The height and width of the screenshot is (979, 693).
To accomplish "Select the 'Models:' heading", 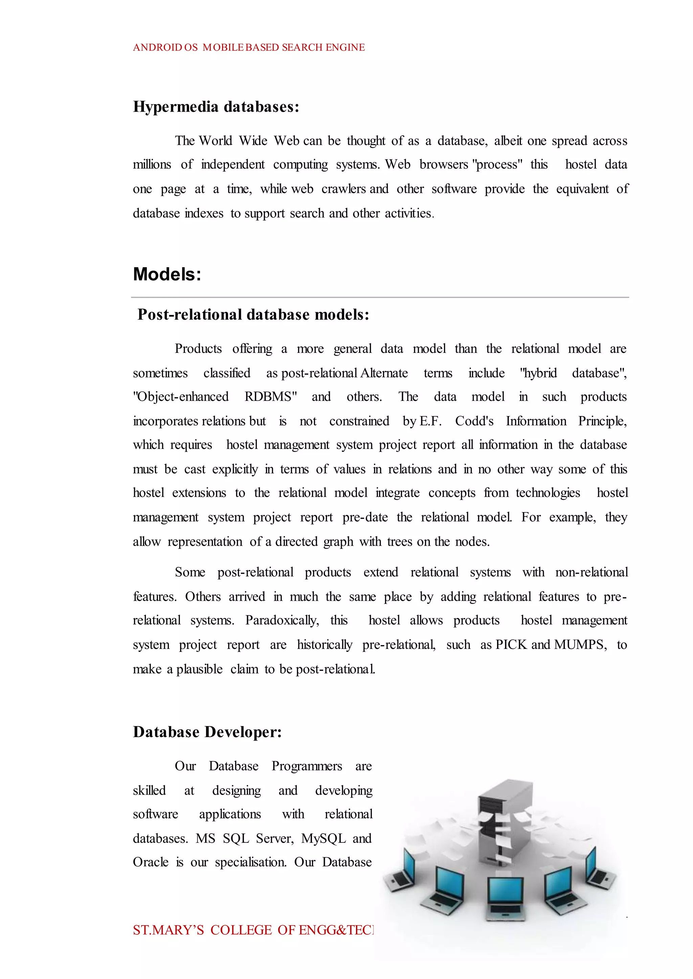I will pyautogui.click(x=167, y=274).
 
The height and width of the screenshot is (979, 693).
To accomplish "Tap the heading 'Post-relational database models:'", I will pyautogui.click(x=253, y=315).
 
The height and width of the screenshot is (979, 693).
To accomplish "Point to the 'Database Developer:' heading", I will pyautogui.click(x=207, y=732).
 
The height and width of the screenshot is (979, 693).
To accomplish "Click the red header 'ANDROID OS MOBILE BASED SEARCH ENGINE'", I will pyautogui.click(x=249, y=47).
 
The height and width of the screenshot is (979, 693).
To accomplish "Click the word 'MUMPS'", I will pyautogui.click(x=580, y=644).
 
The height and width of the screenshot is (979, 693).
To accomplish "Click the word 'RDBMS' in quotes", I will pyautogui.click(x=268, y=397).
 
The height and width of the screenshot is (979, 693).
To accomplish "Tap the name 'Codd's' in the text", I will pyautogui.click(x=474, y=421).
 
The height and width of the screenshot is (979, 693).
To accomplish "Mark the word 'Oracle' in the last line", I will pyautogui.click(x=151, y=862).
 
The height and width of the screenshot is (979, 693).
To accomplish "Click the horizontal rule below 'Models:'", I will pyautogui.click(x=380, y=297).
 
